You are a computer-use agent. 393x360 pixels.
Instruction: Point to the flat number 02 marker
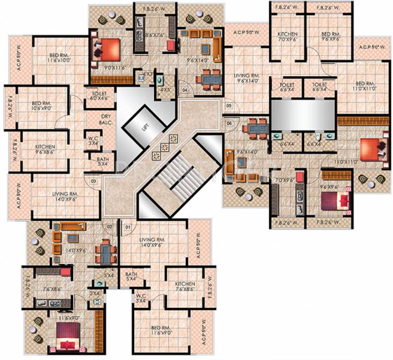point(110,227)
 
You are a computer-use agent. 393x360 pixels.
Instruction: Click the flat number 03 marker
point(93,180)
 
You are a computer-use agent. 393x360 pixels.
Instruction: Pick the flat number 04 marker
point(185,90)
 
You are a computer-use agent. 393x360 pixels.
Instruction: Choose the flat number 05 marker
point(229,106)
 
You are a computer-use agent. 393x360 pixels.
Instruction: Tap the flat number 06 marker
point(229,123)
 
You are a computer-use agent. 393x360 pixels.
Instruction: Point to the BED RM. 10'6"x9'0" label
point(44,106)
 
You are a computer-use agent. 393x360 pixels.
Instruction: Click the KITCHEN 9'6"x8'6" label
point(45,149)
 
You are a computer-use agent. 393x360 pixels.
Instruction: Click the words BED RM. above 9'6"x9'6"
point(331,34)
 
